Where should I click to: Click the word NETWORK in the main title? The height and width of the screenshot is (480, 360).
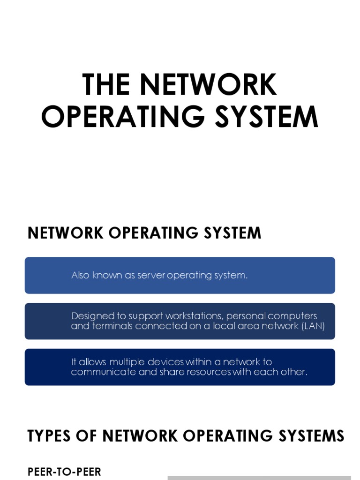tap(209, 84)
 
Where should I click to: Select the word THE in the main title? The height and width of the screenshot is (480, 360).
tap(105, 84)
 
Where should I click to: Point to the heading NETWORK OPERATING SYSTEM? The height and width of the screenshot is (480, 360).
tap(144, 233)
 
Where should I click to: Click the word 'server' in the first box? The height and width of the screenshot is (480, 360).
tap(151, 276)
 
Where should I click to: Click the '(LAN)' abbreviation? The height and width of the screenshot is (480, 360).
tap(313, 326)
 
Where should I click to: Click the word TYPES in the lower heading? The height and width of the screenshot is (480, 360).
tap(50, 436)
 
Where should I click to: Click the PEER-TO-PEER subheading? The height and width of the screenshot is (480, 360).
tap(64, 472)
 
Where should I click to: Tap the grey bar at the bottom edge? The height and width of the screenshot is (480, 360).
tap(259, 478)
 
